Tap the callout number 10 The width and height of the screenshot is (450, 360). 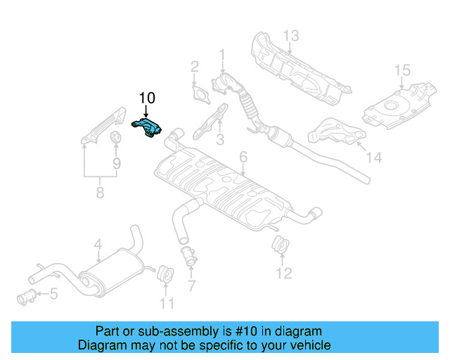click(x=147, y=98)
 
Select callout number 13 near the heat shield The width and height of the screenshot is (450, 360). click(x=291, y=35)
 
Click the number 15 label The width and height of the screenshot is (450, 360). click(x=401, y=70)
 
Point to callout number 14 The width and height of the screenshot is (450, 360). click(x=373, y=159)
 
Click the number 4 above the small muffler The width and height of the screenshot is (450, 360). click(x=98, y=244)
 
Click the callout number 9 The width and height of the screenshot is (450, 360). click(x=116, y=163)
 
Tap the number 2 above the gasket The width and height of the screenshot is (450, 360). click(x=195, y=67)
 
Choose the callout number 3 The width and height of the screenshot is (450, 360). click(x=219, y=140)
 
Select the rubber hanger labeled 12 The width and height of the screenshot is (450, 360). click(x=279, y=246)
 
